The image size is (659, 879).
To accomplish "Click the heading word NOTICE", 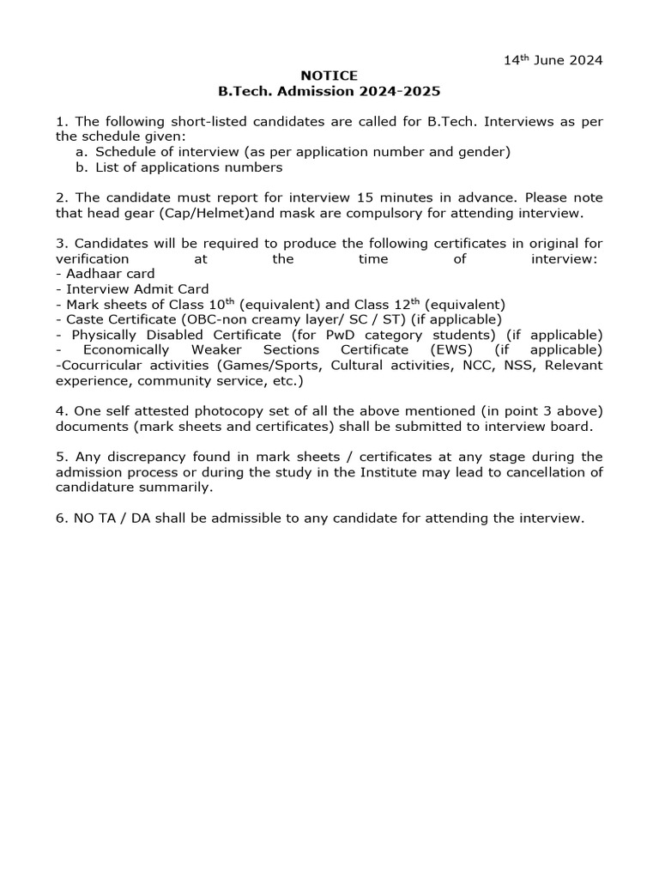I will point(329,76).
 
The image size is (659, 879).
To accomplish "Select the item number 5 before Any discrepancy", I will point(59,457).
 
